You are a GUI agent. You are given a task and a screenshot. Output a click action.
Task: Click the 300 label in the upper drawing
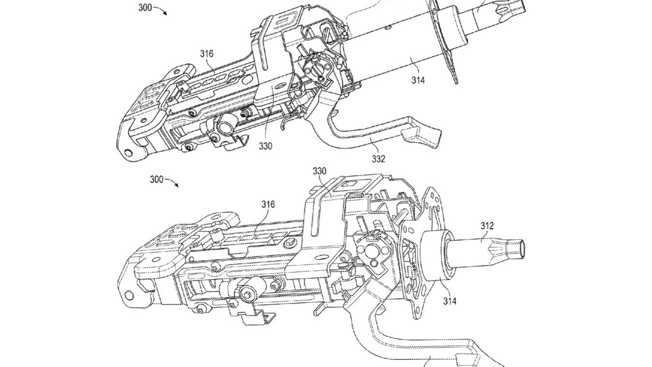click(x=145, y=8)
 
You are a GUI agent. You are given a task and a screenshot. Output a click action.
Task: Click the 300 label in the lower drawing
click(x=156, y=179)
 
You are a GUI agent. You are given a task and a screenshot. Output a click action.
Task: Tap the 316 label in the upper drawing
click(x=206, y=54)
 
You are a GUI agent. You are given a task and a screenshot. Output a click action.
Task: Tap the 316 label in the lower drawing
click(x=268, y=205)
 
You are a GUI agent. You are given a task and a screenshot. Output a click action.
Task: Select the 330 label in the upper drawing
click(x=265, y=145)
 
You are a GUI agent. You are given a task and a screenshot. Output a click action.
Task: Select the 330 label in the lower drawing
click(x=319, y=171)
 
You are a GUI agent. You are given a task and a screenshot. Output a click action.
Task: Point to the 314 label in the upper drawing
click(x=418, y=80)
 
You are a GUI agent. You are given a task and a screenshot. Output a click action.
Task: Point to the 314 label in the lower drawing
click(x=449, y=301)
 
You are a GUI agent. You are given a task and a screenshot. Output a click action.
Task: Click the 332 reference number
click(x=378, y=159)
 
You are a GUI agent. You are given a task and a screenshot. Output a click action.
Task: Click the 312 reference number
click(x=487, y=225)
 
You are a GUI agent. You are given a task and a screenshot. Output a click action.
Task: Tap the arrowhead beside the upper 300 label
click(x=165, y=14)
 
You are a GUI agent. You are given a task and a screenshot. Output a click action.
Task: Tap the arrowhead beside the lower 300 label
click(x=176, y=186)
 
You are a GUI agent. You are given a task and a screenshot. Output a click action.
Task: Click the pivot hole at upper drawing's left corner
click(x=128, y=153)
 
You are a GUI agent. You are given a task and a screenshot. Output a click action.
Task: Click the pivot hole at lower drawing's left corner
click(x=129, y=294)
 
